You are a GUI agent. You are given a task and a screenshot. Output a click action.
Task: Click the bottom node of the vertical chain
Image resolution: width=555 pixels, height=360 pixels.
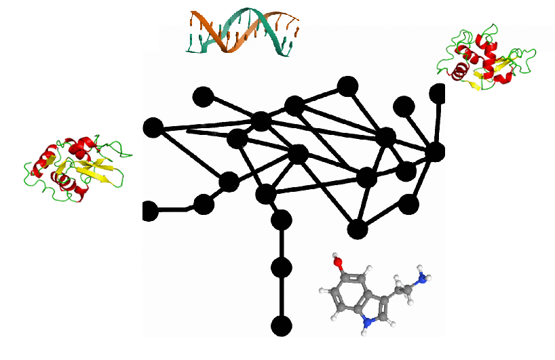(x=281, y=326)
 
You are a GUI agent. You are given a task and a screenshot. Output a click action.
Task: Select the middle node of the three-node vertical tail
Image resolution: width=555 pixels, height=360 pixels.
(x=281, y=268)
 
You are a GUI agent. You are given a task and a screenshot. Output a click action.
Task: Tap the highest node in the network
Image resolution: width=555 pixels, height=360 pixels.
(x=348, y=86)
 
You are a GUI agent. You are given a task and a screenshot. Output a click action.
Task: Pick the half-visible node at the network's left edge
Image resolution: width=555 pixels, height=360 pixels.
(x=149, y=212)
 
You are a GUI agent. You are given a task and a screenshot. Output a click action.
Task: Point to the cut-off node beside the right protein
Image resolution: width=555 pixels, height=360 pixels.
(x=438, y=94)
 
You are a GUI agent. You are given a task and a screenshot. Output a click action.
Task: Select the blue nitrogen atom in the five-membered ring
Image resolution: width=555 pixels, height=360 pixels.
(x=367, y=323)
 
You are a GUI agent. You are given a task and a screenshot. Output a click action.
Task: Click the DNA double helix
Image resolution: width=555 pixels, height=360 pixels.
(x=243, y=32)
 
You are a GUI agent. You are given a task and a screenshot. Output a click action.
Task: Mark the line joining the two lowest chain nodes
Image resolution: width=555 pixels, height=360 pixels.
(x=281, y=297)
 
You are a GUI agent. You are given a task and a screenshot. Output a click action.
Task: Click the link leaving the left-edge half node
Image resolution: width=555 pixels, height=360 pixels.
(x=175, y=209)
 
